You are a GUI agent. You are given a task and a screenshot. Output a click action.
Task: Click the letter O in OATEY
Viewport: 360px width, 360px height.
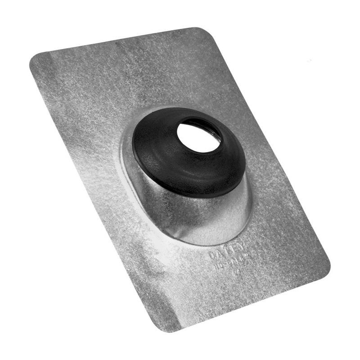[x=211, y=256]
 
